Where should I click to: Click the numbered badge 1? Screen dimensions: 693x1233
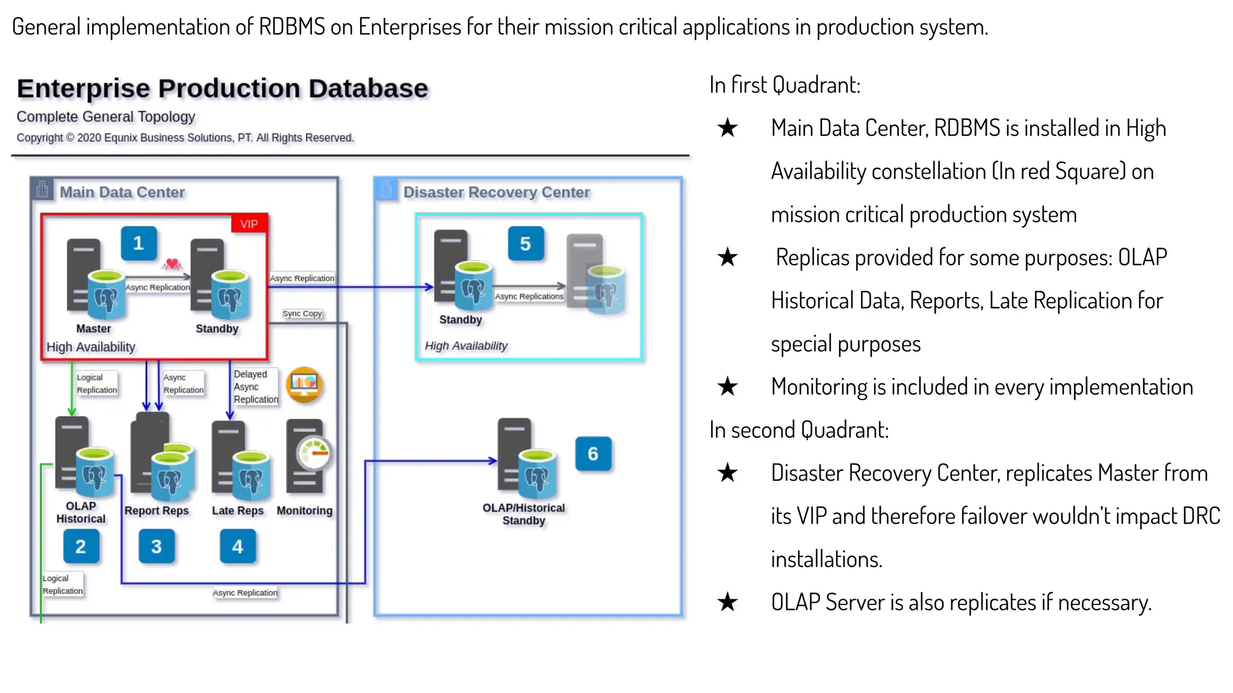point(138,243)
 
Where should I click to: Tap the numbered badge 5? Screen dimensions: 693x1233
point(525,244)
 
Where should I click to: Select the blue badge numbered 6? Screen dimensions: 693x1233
point(592,454)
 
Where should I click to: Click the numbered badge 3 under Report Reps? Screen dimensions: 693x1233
point(157,546)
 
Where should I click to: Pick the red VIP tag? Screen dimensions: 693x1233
point(249,224)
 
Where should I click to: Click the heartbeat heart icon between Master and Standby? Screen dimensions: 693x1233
point(172,263)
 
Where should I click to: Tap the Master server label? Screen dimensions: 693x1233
point(93,328)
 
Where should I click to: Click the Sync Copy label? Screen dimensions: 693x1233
point(302,313)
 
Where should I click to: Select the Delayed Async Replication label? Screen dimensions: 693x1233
point(256,387)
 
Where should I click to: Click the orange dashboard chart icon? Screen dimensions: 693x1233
point(304,384)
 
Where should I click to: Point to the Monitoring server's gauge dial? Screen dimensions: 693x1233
point(314,454)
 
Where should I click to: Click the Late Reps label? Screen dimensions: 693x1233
point(237,510)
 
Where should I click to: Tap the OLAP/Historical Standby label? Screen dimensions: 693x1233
point(523,514)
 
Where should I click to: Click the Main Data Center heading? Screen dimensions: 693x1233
point(122,192)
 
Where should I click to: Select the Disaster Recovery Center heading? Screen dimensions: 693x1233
point(496,192)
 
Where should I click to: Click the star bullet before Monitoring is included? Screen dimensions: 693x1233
point(727,387)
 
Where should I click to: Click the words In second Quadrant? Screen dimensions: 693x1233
point(798,430)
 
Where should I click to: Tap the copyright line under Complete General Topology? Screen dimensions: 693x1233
point(185,138)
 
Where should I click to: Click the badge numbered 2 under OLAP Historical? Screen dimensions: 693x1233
point(81,546)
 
